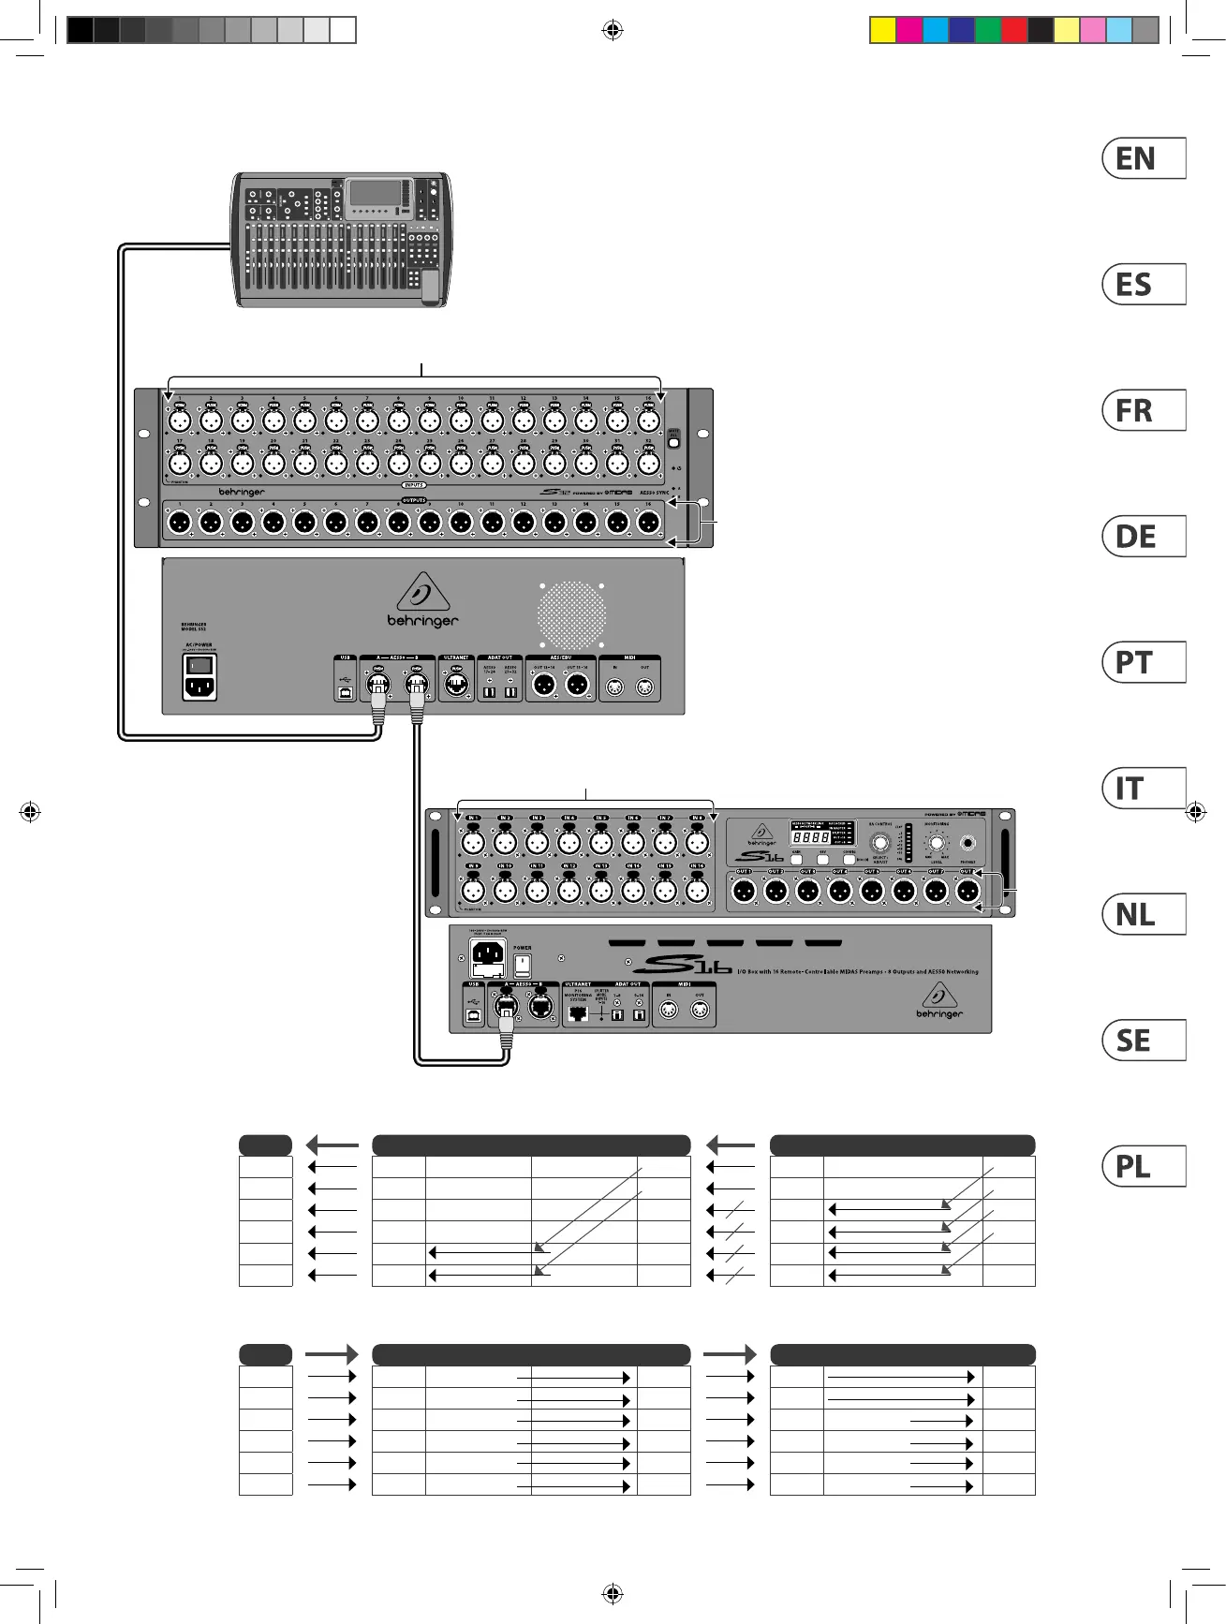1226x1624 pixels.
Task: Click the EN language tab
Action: pyautogui.click(x=1144, y=158)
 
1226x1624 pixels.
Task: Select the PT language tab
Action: pyautogui.click(x=1144, y=662)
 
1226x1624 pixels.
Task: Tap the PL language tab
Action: pyautogui.click(x=1144, y=1166)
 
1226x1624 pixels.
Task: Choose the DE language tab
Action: pyautogui.click(x=1144, y=537)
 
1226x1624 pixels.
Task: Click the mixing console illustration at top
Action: pyautogui.click(x=342, y=239)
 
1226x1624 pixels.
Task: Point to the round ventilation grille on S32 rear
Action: pyautogui.click(x=571, y=615)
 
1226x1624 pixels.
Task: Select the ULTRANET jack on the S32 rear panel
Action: pyautogui.click(x=456, y=685)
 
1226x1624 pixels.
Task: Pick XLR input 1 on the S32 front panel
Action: pyautogui.click(x=180, y=421)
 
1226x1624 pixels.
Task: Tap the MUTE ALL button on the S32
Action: pyautogui.click(x=673, y=440)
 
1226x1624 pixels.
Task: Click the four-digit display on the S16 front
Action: pyautogui.click(x=810, y=835)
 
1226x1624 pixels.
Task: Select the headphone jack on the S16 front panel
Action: pyautogui.click(x=968, y=843)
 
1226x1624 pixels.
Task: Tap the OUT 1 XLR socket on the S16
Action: pyautogui.click(x=744, y=892)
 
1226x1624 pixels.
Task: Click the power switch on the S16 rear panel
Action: pyautogui.click(x=523, y=965)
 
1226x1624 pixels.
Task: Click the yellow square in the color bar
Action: pyautogui.click(x=882, y=30)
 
